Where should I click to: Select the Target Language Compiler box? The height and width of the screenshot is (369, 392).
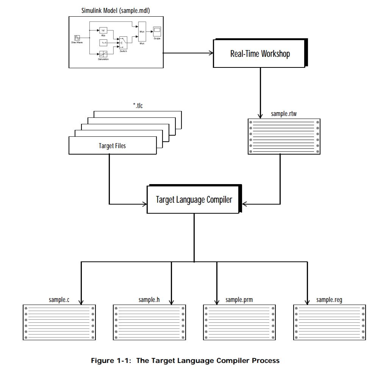194,199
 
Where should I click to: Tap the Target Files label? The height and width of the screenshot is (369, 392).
112,145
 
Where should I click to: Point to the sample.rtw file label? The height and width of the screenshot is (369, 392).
284,114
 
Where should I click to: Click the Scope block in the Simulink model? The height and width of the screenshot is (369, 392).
157,30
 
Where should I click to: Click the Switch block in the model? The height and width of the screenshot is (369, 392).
123,43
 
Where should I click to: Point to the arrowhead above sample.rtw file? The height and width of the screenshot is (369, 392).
260,116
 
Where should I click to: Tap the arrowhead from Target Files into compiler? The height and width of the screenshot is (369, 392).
144,205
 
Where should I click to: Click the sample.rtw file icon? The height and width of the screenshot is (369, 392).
284,136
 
